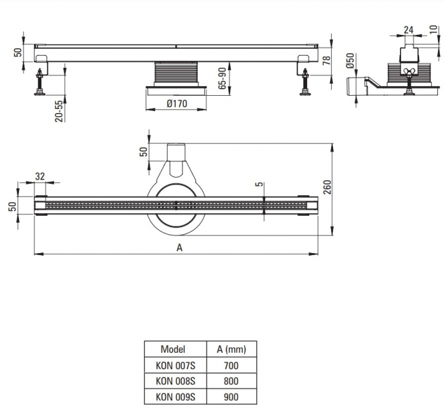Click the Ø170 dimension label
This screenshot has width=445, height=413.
(177, 103)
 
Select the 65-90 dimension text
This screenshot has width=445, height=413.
(222, 79)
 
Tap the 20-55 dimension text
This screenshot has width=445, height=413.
(59, 111)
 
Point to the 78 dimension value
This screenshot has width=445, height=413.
(327, 60)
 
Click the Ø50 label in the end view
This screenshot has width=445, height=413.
(350, 60)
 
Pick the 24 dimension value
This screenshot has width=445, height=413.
(408, 30)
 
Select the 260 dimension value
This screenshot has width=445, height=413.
(327, 187)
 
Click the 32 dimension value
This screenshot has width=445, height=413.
(40, 176)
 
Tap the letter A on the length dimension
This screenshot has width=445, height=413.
(179, 248)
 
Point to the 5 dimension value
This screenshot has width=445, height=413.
(259, 185)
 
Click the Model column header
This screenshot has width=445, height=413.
(173, 349)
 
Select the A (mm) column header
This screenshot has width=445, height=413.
(231, 350)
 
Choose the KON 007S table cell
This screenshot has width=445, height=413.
(175, 365)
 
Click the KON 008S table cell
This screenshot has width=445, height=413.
(175, 381)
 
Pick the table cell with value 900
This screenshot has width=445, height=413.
(231, 397)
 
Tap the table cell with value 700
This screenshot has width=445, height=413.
(231, 365)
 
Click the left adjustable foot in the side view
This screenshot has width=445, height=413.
(39, 82)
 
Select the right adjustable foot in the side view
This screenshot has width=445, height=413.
(305, 82)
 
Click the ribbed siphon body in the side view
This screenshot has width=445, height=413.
(176, 72)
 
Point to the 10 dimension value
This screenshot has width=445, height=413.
(434, 29)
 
